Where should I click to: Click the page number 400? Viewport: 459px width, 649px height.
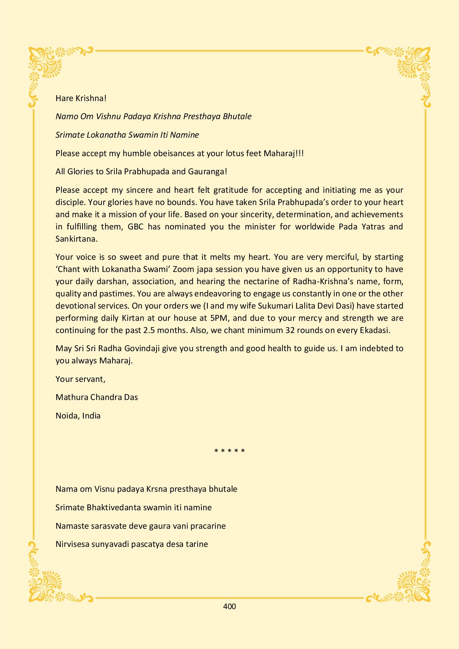229,606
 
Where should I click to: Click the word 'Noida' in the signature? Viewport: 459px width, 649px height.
67,416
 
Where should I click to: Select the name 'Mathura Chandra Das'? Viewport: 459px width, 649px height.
97,397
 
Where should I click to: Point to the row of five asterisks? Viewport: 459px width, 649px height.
229,451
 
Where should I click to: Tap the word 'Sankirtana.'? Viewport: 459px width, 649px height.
77,239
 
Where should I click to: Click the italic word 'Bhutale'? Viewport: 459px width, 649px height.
237,116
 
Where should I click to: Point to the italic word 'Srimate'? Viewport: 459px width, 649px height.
70,135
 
